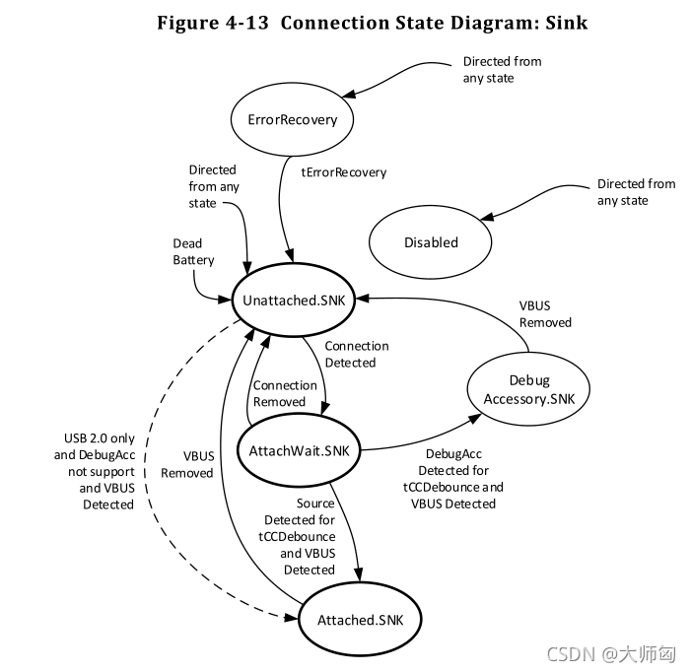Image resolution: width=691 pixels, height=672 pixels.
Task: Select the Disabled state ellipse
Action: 431,242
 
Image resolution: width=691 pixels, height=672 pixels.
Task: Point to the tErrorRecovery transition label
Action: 343,172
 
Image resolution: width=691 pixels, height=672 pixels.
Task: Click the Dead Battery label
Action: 193,252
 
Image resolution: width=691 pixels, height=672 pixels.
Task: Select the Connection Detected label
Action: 356,354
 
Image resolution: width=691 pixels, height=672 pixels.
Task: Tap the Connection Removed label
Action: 285,393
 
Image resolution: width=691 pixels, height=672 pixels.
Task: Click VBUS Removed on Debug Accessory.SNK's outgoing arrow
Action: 545,314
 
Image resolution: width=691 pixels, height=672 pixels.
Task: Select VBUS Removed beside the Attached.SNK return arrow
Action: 186,465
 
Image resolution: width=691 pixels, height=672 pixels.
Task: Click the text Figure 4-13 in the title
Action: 214,22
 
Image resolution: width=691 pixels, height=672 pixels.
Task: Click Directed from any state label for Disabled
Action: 636,192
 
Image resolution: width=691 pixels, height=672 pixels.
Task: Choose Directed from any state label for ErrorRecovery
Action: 502,70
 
